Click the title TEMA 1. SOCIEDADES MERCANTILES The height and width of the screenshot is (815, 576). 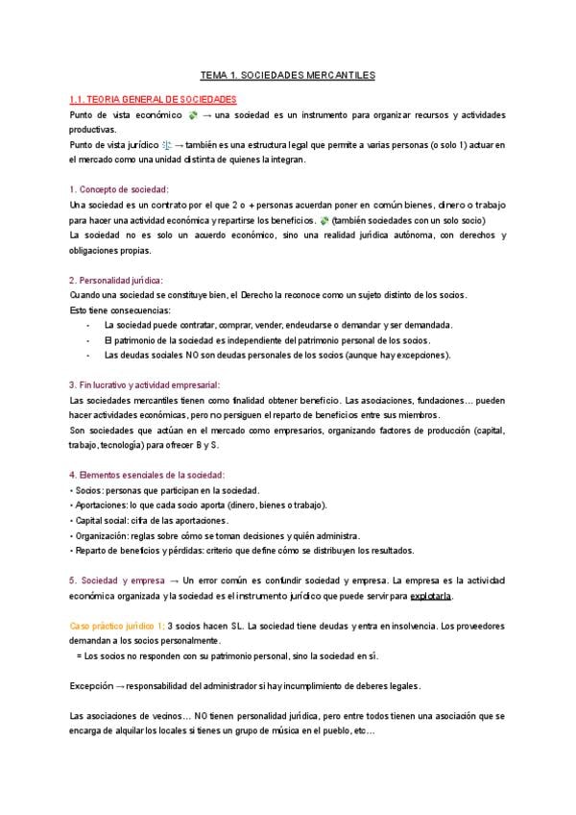(288, 74)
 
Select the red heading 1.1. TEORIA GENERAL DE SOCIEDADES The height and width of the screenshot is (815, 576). (153, 99)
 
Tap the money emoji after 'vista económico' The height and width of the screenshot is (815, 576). (193, 115)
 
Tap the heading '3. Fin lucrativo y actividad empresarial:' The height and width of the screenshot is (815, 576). (158, 384)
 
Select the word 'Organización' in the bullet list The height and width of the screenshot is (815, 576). (102, 535)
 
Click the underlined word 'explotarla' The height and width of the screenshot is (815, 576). (431, 597)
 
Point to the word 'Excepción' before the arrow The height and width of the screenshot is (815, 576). (90, 686)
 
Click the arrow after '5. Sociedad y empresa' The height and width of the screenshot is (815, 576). (174, 581)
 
